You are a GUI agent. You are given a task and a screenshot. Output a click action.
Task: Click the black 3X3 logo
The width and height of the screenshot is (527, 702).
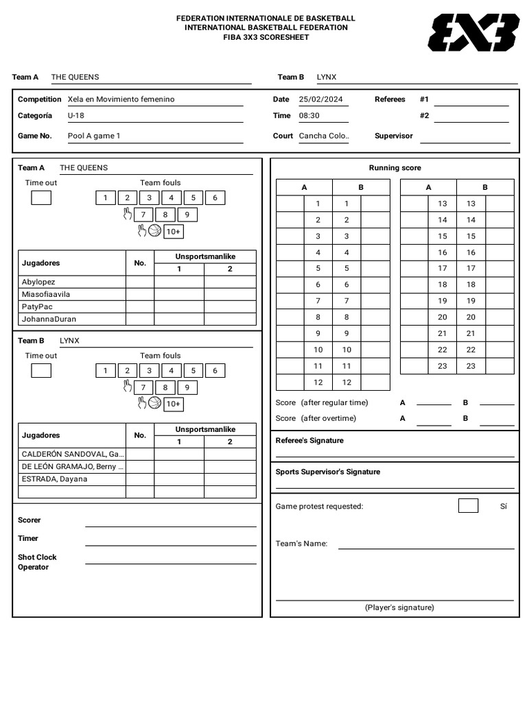(473, 32)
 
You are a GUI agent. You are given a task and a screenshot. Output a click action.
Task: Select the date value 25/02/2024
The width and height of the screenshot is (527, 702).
(320, 99)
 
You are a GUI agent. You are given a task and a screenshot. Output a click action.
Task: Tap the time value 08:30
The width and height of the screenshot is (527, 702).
(309, 116)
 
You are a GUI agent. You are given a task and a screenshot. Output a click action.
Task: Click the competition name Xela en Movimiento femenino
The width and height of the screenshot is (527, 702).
(121, 99)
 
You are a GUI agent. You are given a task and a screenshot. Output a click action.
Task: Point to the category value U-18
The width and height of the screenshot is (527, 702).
(76, 116)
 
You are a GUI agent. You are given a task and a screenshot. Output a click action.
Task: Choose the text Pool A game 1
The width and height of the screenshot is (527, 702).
(94, 136)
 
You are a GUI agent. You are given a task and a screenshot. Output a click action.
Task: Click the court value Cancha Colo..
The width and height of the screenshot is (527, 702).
(324, 136)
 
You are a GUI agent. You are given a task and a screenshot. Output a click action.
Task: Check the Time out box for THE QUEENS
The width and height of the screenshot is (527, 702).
(41, 198)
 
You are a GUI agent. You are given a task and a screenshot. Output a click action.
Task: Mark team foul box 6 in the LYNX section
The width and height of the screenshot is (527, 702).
(215, 371)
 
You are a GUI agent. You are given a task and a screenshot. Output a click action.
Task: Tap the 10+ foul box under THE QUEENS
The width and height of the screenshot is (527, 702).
(173, 232)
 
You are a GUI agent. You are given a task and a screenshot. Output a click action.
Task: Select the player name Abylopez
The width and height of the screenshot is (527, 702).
(38, 282)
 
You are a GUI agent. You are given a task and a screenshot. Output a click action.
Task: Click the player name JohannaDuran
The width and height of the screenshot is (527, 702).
(49, 319)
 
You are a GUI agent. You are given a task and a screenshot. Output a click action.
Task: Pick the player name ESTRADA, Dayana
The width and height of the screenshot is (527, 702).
(55, 479)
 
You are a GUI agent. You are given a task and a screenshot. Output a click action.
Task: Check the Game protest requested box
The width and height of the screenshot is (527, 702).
(468, 506)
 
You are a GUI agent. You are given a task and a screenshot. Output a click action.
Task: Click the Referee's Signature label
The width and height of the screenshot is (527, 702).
(309, 441)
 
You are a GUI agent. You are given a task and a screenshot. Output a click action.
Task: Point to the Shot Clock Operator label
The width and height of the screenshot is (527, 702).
(37, 562)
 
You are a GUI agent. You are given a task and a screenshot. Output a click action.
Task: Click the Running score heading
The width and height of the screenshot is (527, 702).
(395, 168)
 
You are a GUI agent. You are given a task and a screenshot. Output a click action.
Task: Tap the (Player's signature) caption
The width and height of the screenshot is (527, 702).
(399, 607)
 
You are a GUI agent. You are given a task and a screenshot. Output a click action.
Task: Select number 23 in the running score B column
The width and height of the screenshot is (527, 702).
(471, 366)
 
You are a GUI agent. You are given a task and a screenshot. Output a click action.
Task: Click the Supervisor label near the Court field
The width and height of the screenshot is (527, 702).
(393, 136)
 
